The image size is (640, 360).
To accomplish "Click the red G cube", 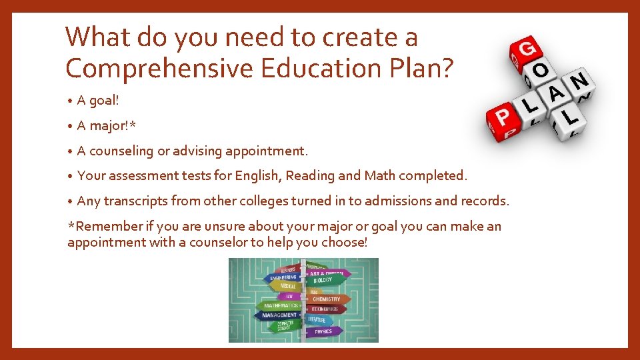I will (526, 49).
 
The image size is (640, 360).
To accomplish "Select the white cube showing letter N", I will (579, 82).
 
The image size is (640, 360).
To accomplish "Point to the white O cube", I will (541, 71).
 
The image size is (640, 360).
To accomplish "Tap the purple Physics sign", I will (323, 331).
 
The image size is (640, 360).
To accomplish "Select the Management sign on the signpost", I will (279, 315).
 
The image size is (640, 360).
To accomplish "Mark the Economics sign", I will (325, 309).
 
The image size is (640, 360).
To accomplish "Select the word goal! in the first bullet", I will (103, 101).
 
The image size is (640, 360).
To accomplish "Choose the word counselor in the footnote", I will (218, 243).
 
